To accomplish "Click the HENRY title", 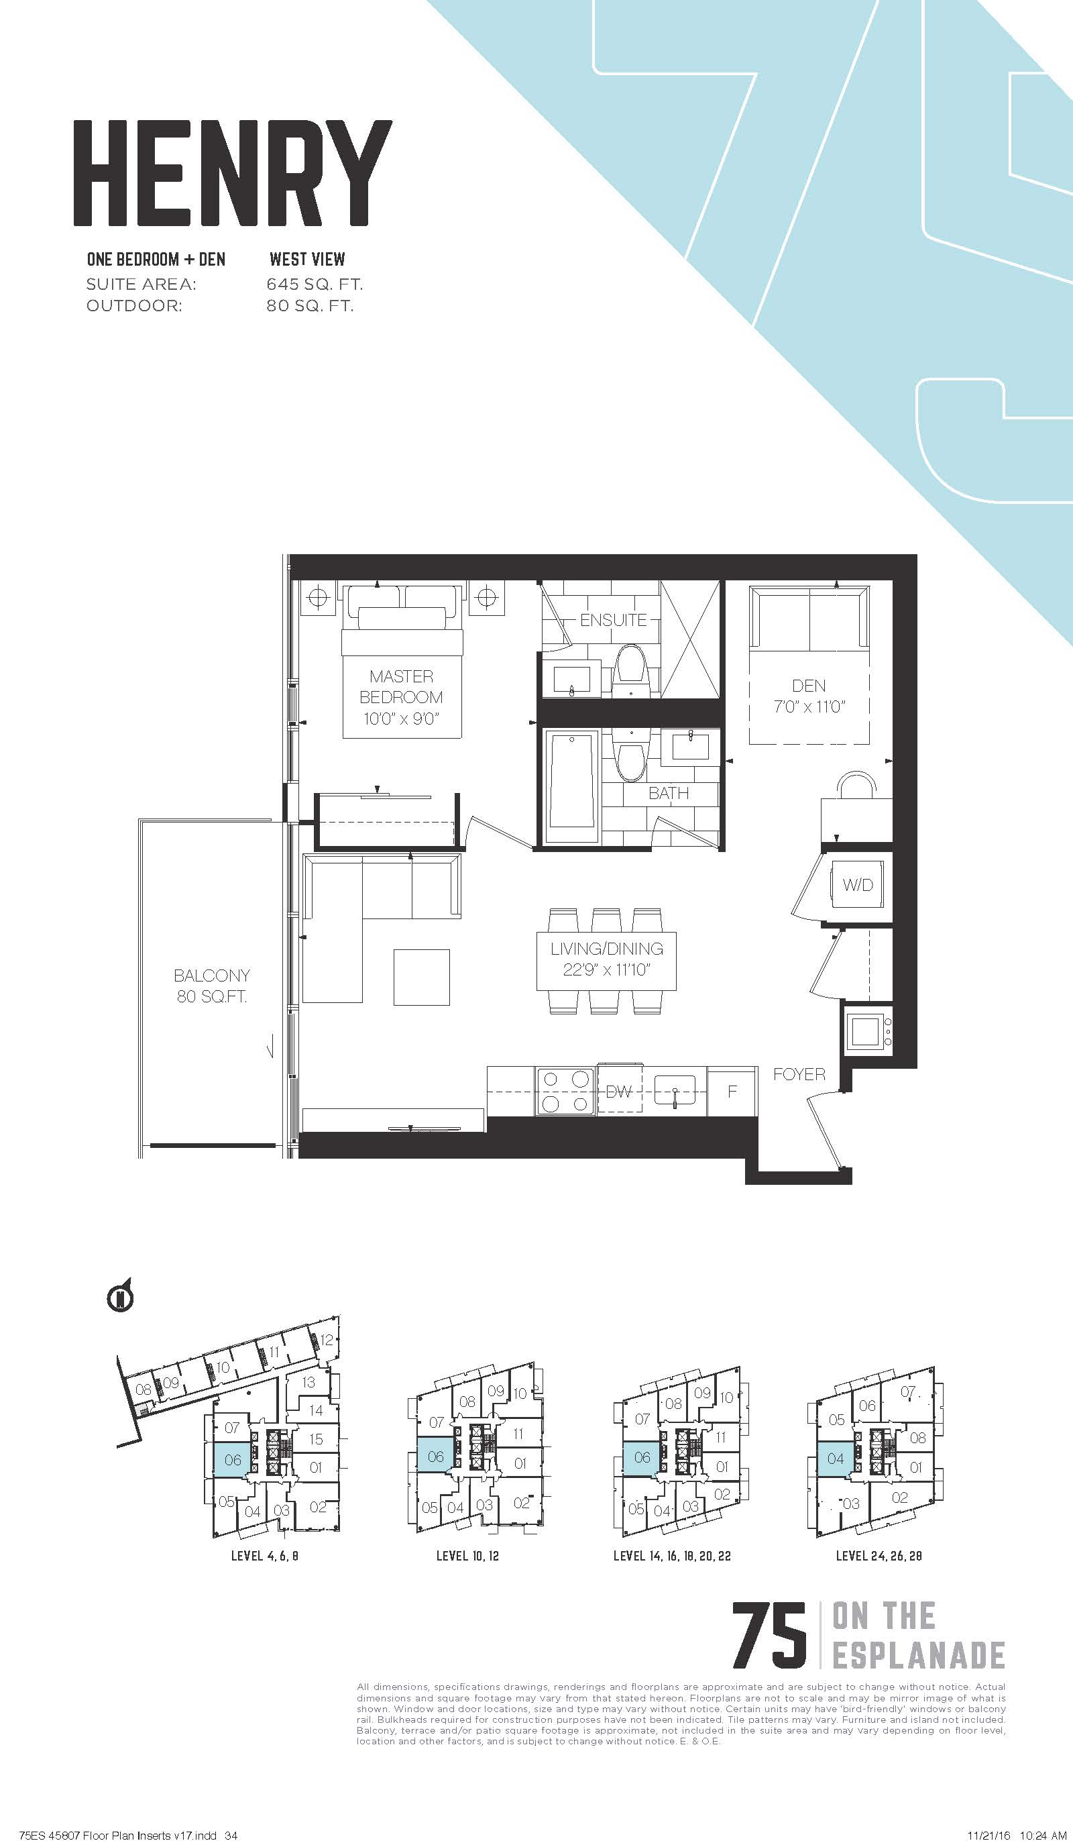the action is tap(233, 173).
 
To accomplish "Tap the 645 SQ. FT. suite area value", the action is tap(315, 284).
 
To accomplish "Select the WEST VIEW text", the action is tap(307, 259).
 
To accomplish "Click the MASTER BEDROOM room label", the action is tap(401, 697).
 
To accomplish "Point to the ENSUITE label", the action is tap(614, 620).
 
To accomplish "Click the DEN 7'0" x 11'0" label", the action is tap(809, 696).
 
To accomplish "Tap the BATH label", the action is tap(668, 793).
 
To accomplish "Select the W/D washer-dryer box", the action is tap(857, 885).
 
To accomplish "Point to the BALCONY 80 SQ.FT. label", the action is tap(211, 986).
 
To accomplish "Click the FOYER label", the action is tap(799, 1074).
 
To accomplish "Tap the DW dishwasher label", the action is tap(618, 1092).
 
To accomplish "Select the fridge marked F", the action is tap(732, 1091).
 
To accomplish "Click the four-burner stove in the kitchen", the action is tap(564, 1090).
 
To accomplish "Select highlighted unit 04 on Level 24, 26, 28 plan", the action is tap(835, 1459).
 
